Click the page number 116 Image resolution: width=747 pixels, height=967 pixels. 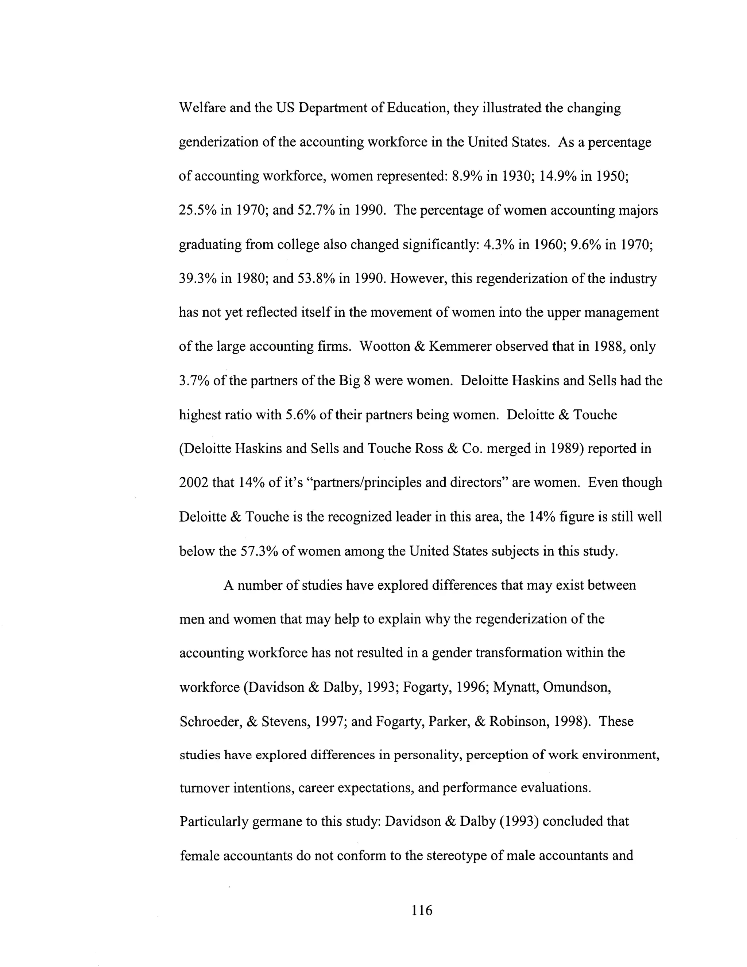click(x=421, y=910)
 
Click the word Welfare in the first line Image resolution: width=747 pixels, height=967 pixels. click(x=202, y=108)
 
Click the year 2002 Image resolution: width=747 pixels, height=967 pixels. click(x=193, y=483)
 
